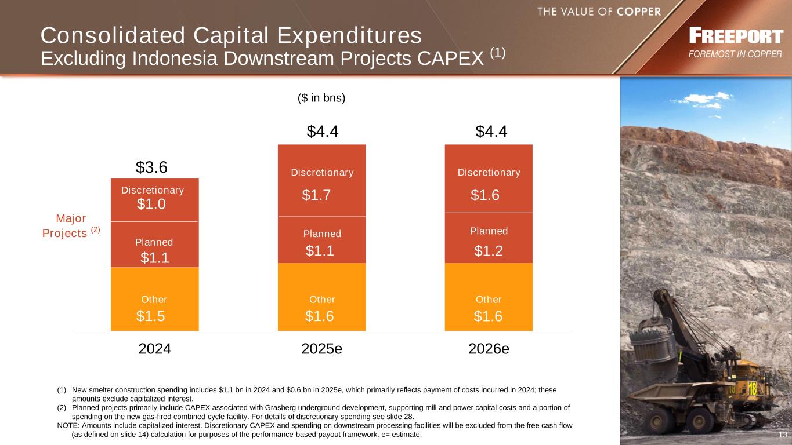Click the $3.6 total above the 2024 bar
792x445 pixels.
click(151, 167)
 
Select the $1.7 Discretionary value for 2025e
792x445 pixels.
click(317, 196)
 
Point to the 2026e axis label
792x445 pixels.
click(489, 349)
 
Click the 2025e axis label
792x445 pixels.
click(321, 349)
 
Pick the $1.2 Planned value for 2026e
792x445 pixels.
click(488, 251)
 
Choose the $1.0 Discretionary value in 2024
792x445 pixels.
click(151, 204)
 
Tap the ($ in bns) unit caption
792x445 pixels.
click(321, 98)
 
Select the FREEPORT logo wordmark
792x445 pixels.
click(736, 37)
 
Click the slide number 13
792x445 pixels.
click(783, 435)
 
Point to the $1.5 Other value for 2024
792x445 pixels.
click(151, 316)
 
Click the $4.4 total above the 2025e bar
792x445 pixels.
click(323, 132)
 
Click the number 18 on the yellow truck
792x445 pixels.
click(753, 389)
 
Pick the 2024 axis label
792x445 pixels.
click(155, 349)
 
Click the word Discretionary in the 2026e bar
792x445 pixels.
click(489, 173)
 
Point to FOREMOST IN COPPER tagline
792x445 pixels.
click(735, 54)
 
